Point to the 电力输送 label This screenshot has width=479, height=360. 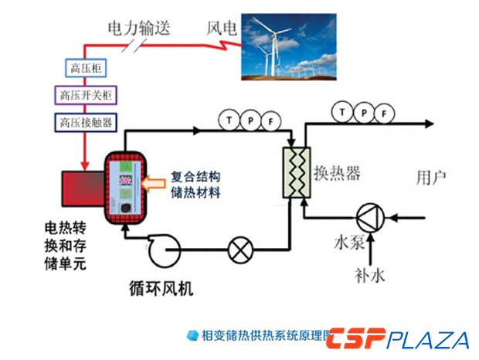click(x=139, y=30)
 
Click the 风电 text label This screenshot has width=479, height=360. click(x=222, y=30)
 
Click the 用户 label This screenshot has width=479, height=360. click(x=430, y=178)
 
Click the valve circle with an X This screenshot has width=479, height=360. click(x=237, y=250)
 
